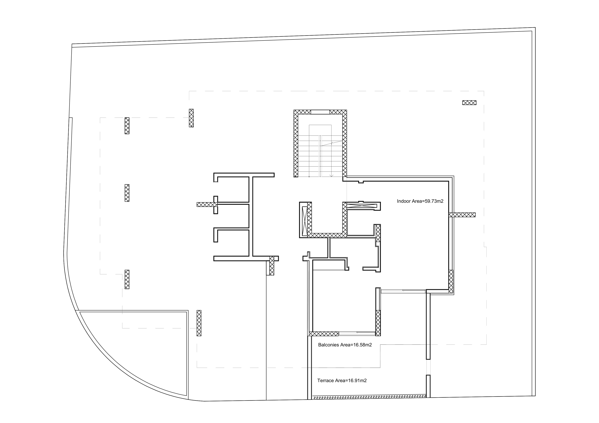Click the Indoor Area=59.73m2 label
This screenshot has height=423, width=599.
coord(420,201)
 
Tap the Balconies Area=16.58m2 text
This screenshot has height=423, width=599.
coord(345,345)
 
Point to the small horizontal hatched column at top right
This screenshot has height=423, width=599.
coord(469,103)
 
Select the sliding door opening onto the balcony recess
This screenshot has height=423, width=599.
coord(403,291)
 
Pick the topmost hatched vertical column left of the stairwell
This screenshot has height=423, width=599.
coord(191,118)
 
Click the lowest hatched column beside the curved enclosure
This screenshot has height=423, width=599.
coord(199,323)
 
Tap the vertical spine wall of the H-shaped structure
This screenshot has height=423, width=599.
coord(251,216)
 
